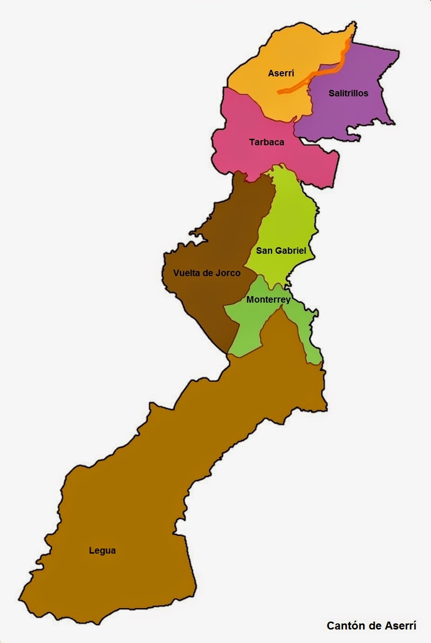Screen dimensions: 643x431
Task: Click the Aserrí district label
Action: click(x=281, y=73)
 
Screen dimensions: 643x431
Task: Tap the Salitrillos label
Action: click(x=348, y=93)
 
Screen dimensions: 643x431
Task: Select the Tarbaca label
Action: click(x=266, y=142)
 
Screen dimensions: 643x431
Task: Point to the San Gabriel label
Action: click(x=281, y=250)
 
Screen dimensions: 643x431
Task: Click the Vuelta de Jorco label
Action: click(x=207, y=273)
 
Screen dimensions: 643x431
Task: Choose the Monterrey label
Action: click(x=269, y=299)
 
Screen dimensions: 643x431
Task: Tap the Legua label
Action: click(x=102, y=550)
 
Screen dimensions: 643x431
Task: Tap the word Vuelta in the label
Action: click(x=186, y=273)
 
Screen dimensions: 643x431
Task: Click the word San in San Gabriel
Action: click(x=264, y=250)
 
